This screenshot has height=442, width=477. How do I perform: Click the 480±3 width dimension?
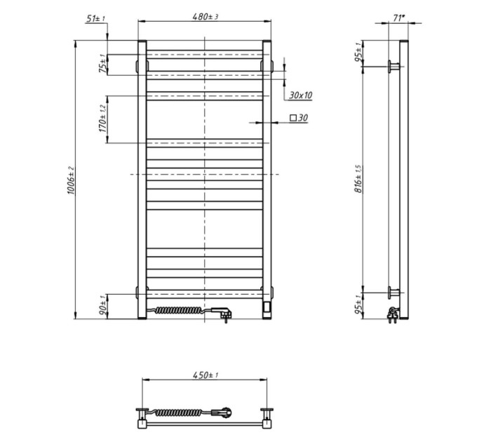(x=206, y=16)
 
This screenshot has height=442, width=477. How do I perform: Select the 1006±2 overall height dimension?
(x=71, y=180)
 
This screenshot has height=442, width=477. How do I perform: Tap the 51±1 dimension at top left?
(x=95, y=18)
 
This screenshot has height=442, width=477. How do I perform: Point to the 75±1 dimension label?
(x=103, y=64)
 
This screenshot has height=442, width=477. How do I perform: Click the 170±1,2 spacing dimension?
(x=102, y=119)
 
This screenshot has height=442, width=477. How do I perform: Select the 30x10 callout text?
(x=300, y=95)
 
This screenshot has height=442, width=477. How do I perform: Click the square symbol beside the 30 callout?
(x=293, y=117)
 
